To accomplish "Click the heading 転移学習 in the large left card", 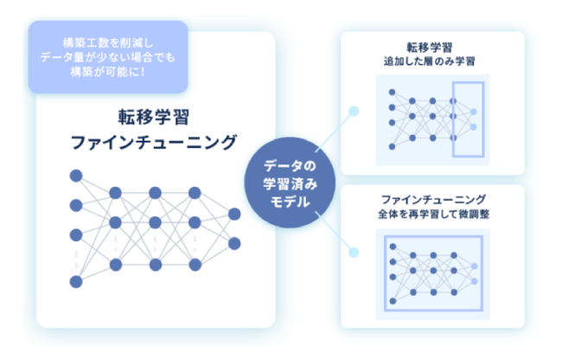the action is [153, 117].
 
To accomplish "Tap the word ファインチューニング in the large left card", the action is [153, 142].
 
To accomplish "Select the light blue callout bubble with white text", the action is [108, 57].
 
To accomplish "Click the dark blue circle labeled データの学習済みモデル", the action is [290, 183].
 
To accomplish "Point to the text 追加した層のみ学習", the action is [430, 61].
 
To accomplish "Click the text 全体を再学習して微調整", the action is [434, 214].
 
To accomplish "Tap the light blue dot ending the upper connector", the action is [354, 111].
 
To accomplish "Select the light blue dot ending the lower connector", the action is [354, 253].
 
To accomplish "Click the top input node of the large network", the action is [76, 176].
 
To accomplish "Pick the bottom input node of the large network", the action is [76, 282].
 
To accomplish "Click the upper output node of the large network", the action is [234, 214].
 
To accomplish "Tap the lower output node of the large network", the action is [234, 244].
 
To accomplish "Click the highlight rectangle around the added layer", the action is [453, 119].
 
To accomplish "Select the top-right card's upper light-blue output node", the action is [474, 112].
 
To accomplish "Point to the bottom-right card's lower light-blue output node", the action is [474, 282].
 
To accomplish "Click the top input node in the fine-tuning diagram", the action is [393, 247].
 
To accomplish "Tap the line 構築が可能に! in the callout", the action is [108, 72].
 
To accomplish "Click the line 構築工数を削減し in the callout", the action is [108, 43].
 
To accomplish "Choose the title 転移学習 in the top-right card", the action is [430, 48].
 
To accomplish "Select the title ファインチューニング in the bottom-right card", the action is [434, 199].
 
